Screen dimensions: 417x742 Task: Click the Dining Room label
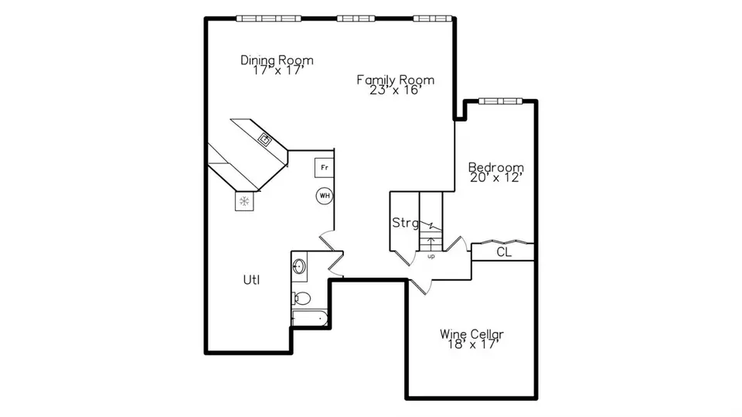point(277,60)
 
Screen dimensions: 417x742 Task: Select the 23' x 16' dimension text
point(395,90)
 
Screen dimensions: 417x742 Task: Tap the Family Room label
point(395,79)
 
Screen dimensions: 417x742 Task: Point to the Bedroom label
point(496,167)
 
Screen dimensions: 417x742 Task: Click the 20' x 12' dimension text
point(496,177)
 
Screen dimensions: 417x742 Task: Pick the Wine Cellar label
point(471,333)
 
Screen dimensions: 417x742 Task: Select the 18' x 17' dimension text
point(471,344)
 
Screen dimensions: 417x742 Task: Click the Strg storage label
point(405,224)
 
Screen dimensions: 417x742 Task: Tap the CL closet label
point(503,251)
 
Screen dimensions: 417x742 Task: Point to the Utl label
point(251,280)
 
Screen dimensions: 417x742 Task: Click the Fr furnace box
point(324,167)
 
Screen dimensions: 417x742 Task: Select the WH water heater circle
point(324,196)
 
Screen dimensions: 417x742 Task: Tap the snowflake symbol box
point(245,201)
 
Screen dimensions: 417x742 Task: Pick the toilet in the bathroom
point(301,298)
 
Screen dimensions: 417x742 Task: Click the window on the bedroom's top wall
point(500,101)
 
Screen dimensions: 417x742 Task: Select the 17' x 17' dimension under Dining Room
point(277,70)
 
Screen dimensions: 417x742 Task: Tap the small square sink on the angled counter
point(265,139)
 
